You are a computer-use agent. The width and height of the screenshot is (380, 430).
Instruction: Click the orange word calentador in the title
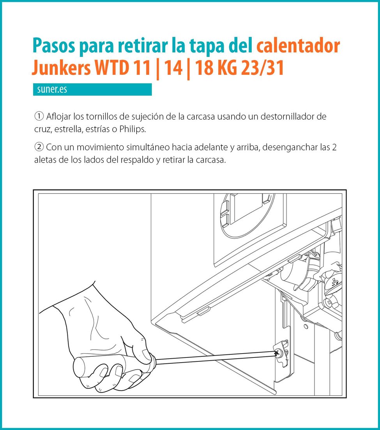pyautogui.click(x=298, y=45)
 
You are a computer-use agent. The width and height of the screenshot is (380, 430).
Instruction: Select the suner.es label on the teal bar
pyautogui.click(x=52, y=89)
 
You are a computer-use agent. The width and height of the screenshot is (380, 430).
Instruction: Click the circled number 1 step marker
pyautogui.click(x=39, y=116)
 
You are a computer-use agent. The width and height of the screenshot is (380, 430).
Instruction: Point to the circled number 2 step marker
pyautogui.click(x=39, y=147)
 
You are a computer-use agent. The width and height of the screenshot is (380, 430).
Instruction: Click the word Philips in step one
pyautogui.click(x=133, y=129)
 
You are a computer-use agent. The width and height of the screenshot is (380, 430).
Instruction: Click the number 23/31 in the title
pyautogui.click(x=262, y=68)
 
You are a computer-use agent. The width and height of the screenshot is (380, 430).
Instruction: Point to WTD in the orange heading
pyautogui.click(x=112, y=68)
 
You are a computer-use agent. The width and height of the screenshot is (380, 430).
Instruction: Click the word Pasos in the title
pyautogui.click(x=54, y=45)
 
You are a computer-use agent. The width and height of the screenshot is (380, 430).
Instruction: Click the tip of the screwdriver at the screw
pyautogui.click(x=278, y=354)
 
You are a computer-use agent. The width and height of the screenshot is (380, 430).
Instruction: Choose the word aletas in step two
pyautogui.click(x=44, y=160)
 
